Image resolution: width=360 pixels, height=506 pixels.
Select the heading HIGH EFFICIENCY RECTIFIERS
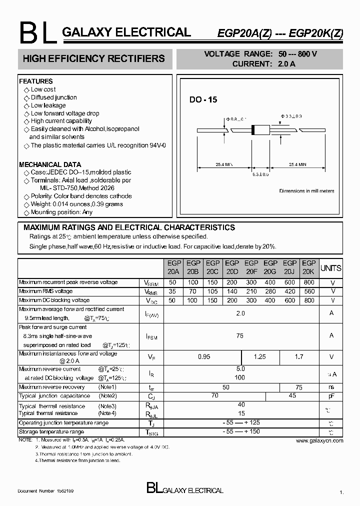pyautogui.click(x=94, y=59)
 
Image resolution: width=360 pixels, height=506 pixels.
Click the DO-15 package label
pyautogui.click(x=203, y=100)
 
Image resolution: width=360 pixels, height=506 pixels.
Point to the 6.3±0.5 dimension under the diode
pyautogui.click(x=260, y=174)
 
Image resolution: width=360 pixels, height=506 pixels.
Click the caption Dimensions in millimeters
pyautogui.click(x=306, y=191)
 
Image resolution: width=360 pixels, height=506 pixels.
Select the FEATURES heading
pyautogui.click(x=35, y=81)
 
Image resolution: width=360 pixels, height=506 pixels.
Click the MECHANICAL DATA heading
pyautogui.click(x=49, y=164)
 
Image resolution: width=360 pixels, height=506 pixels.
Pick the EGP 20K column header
pyautogui.click(x=309, y=267)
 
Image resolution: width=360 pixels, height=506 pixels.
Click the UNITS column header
pyautogui.click(x=330, y=268)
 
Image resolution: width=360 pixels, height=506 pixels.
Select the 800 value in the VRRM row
pyautogui.click(x=309, y=282)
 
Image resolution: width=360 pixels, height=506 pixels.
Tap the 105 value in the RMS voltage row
pyautogui.click(x=212, y=291)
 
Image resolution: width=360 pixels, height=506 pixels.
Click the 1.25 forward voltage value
pyautogui.click(x=260, y=357)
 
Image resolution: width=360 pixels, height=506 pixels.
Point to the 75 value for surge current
pyautogui.click(x=240, y=336)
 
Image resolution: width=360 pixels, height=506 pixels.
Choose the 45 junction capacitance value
pyautogui.click(x=292, y=395)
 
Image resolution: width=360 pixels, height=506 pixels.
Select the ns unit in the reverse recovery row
pyautogui.click(x=331, y=387)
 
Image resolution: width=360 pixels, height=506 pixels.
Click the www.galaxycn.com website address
pyautogui.click(x=319, y=440)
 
